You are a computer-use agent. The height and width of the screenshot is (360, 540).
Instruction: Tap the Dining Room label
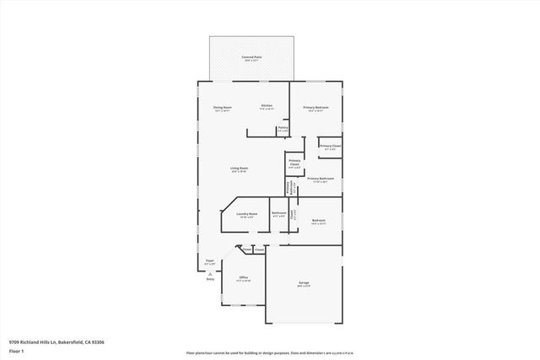point(222,107)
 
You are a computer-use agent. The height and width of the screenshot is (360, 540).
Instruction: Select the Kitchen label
point(266,106)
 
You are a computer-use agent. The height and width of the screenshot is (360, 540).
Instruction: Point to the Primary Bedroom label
point(316,109)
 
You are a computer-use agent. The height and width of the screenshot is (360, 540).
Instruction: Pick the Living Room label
point(239,169)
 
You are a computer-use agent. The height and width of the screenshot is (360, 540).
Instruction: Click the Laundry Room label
point(246,214)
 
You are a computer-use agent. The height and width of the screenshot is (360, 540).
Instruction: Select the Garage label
point(304,284)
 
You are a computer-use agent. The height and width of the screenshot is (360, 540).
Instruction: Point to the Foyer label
point(210,262)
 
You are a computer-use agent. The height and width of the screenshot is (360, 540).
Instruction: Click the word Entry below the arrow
point(210,278)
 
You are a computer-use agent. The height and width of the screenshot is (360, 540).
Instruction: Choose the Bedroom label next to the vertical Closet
point(318,221)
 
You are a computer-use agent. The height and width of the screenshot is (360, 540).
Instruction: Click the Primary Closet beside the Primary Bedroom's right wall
point(330,148)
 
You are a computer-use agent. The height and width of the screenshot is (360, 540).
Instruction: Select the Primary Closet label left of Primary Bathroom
point(294,164)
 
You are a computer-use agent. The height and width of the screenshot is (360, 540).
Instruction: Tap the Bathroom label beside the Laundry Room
point(278,214)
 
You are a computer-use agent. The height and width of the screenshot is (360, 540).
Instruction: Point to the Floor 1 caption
point(15,350)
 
